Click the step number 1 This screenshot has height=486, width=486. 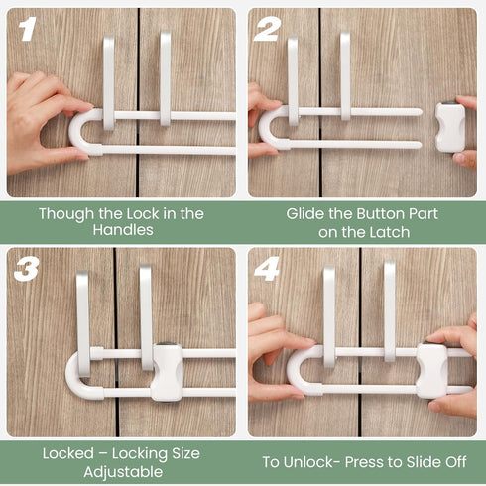pyautogui.click(x=27, y=29)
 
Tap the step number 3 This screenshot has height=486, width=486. pyautogui.click(x=27, y=270)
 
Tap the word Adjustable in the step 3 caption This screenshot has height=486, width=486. pyautogui.click(x=121, y=471)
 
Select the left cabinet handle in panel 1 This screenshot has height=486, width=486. pyautogui.click(x=108, y=79)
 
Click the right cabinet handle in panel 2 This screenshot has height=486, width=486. pyautogui.click(x=345, y=74)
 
